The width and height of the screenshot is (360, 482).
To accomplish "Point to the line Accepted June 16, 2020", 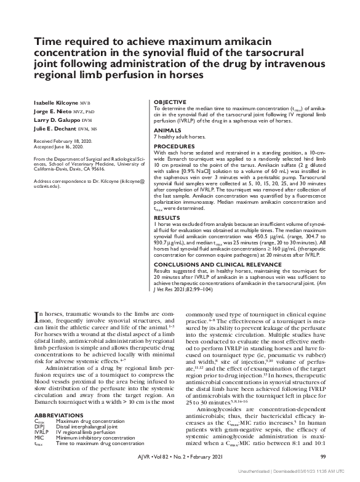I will click(57, 147).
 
